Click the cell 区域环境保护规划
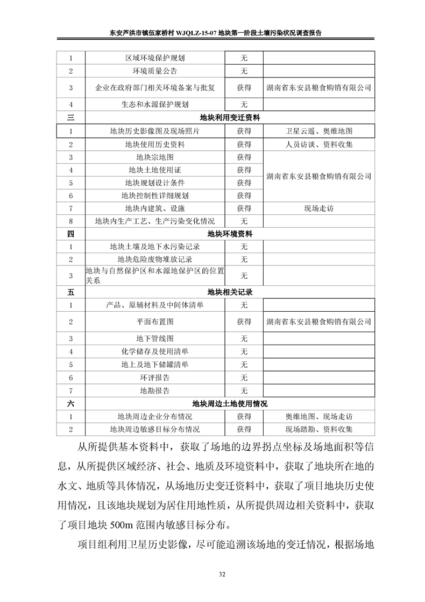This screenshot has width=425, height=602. pyautogui.click(x=155, y=58)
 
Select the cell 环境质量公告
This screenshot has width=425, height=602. pyautogui.click(x=155, y=71)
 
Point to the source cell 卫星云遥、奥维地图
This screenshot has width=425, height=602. pyautogui.click(x=319, y=130)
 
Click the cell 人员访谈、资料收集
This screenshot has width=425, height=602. pyautogui.click(x=319, y=144)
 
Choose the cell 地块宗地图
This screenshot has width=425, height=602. pyautogui.click(x=155, y=157)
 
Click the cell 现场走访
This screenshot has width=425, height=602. pyautogui.click(x=319, y=208)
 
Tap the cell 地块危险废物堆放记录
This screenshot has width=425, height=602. pyautogui.click(x=155, y=260)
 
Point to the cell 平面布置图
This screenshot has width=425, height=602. pyautogui.click(x=155, y=321)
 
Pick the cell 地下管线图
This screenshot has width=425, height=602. pyautogui.click(x=155, y=339)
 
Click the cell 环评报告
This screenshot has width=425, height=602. pyautogui.click(x=155, y=377)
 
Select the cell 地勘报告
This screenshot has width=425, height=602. pyautogui.click(x=155, y=390)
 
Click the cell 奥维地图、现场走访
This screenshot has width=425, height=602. pyautogui.click(x=319, y=416)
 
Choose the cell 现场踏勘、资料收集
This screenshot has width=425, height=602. pyautogui.click(x=319, y=429)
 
